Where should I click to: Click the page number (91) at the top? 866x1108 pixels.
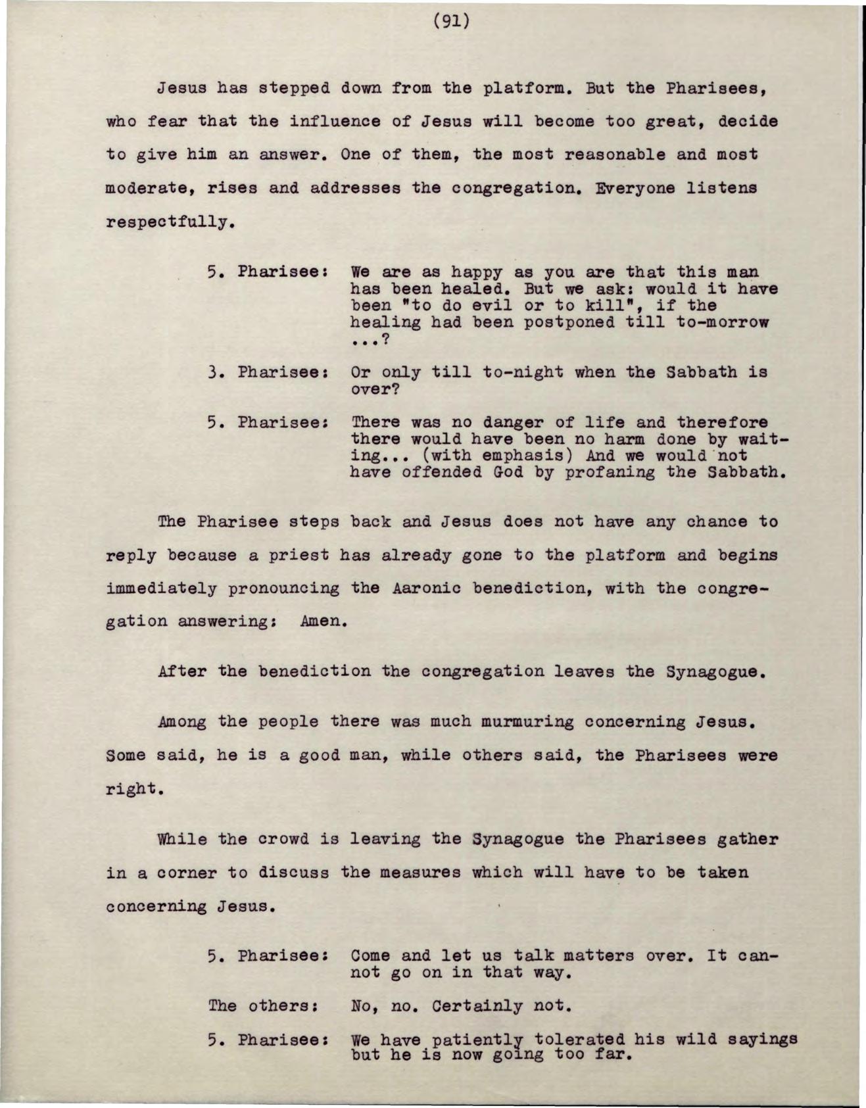(x=452, y=22)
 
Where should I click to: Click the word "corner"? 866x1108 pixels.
(x=178, y=873)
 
